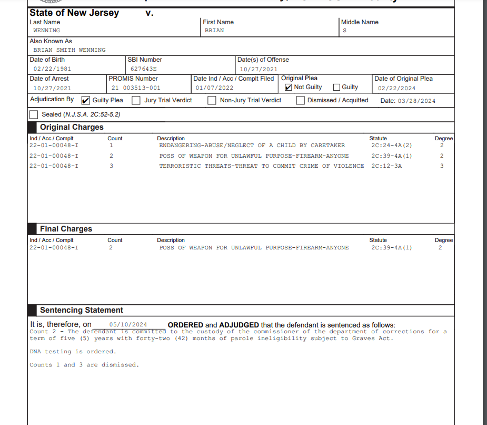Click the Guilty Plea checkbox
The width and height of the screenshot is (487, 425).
click(86, 100)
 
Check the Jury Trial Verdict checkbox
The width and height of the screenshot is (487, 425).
click(136, 100)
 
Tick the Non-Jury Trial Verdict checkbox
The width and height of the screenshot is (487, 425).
click(212, 100)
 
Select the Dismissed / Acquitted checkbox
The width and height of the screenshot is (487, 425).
click(300, 100)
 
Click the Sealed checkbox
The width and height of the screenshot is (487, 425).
click(34, 114)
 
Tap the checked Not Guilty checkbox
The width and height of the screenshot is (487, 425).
click(288, 87)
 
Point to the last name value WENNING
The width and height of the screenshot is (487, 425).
click(46, 31)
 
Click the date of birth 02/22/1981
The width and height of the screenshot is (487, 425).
click(52, 69)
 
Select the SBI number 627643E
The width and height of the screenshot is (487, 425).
click(143, 69)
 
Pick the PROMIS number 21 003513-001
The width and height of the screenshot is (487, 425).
click(135, 88)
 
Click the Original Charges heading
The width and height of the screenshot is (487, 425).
click(72, 127)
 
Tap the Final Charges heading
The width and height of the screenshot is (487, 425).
click(66, 229)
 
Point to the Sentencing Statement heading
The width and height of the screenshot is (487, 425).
click(81, 310)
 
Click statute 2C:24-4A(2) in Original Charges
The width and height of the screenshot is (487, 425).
click(391, 145)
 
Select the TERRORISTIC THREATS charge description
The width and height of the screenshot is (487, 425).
click(261, 166)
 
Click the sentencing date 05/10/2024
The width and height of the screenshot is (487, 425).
click(128, 325)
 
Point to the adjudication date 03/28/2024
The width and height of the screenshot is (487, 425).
click(416, 101)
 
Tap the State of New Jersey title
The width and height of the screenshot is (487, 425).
click(74, 13)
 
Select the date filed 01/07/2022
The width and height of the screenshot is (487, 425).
click(214, 88)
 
